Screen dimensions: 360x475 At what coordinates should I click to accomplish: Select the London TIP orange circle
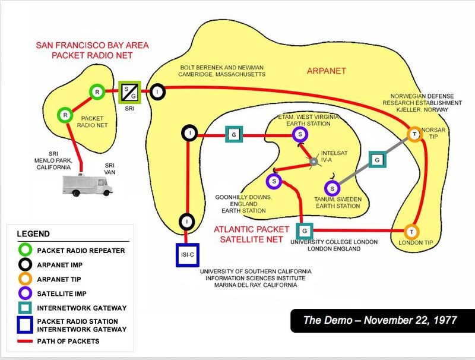point(411,231)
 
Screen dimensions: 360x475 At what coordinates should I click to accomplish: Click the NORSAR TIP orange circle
point(414,134)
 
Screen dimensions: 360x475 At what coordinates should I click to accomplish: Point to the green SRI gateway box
point(129,91)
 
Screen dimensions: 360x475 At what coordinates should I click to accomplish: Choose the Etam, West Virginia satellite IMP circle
point(300,135)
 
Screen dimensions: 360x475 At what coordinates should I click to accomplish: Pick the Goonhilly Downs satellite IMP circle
point(274,180)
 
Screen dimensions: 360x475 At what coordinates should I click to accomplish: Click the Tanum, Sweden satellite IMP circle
point(333,188)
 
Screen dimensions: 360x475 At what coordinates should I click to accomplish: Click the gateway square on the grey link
point(376,159)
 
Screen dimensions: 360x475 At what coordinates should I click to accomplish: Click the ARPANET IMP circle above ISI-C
point(187,222)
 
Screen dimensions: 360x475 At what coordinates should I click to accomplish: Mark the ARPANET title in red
point(327,71)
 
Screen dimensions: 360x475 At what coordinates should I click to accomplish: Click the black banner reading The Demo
point(380,320)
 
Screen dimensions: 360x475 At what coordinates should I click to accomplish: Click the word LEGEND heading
point(33,233)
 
